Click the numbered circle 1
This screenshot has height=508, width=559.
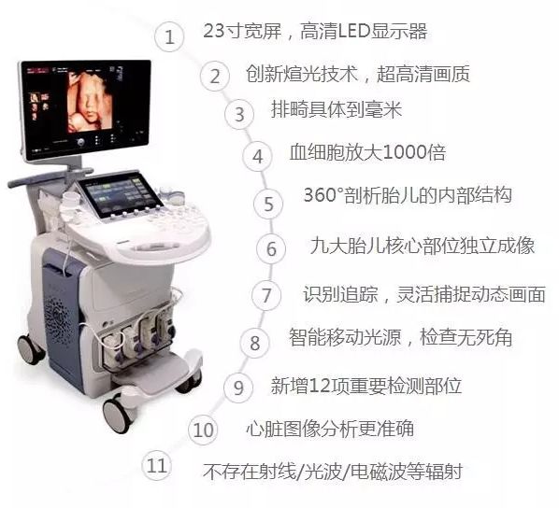[169, 37]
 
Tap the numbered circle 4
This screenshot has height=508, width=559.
[257, 156]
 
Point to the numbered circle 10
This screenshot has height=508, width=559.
[203, 430]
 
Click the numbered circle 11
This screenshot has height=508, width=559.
[158, 464]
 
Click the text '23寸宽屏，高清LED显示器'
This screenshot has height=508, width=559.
[315, 31]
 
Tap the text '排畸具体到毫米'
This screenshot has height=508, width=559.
[337, 109]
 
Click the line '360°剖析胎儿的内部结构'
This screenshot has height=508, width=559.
[407, 197]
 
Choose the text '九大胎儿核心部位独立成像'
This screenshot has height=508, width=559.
[422, 246]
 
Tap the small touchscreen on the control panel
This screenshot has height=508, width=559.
[111, 198]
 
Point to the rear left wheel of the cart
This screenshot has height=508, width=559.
[30, 350]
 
